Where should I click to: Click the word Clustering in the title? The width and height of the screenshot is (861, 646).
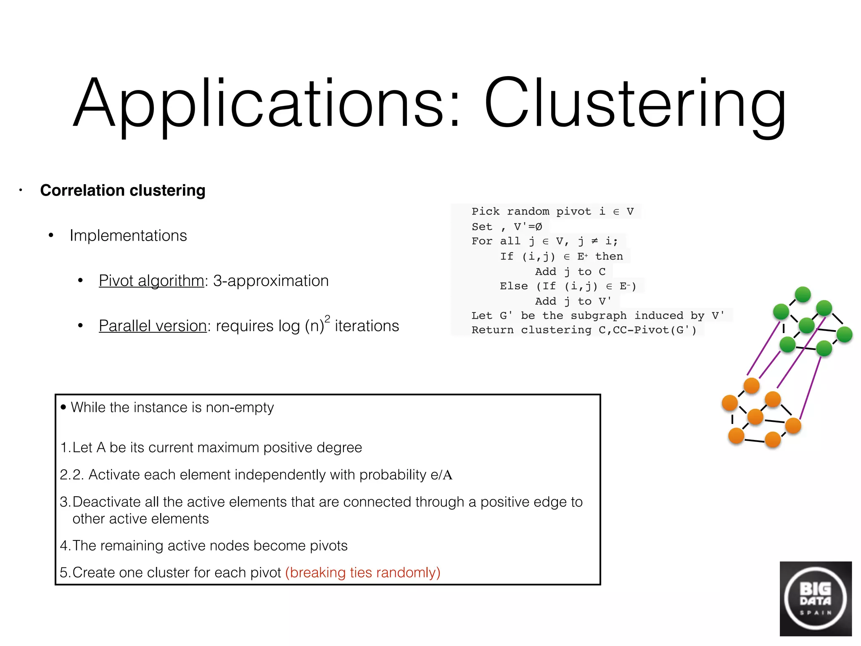tap(635, 103)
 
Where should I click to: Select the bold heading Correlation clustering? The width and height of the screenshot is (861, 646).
tap(123, 191)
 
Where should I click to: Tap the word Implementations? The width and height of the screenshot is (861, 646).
tap(128, 236)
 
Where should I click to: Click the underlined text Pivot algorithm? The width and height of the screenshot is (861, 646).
tap(151, 281)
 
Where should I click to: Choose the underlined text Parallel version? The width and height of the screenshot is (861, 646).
tap(153, 326)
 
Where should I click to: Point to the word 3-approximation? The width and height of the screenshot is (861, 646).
tap(271, 281)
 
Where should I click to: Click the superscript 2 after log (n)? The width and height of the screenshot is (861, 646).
tap(327, 318)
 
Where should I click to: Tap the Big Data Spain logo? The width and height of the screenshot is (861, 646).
tap(815, 598)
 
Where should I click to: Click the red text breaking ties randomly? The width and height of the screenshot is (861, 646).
tap(363, 572)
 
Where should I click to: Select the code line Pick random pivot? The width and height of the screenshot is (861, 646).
tap(552, 212)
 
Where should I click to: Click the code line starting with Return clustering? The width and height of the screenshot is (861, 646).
tap(584, 330)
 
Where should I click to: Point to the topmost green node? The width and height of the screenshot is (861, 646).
tap(803, 294)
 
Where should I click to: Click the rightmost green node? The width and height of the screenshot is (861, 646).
tap(844, 334)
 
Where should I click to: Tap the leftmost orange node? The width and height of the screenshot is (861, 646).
tap(730, 402)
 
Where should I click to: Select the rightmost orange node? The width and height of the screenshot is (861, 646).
tap(793, 425)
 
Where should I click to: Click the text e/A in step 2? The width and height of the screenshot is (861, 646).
tap(441, 475)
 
